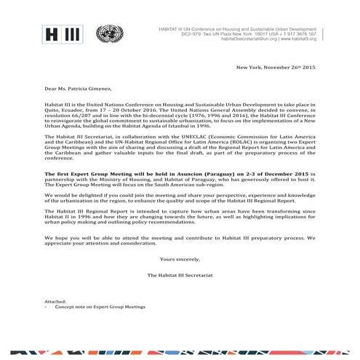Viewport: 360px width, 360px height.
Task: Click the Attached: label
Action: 55,300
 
